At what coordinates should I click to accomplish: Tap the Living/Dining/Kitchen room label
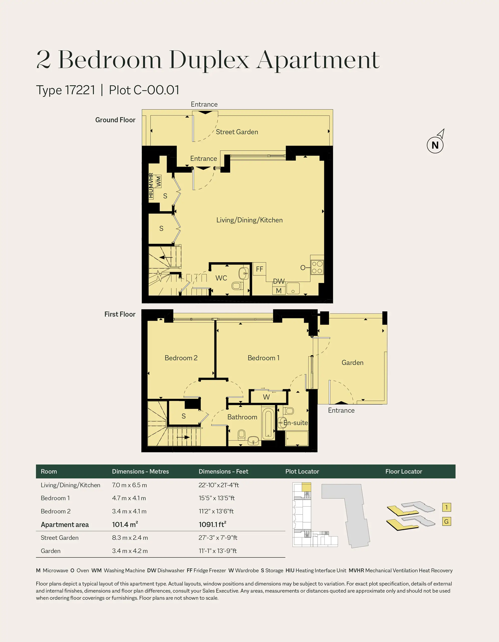pyautogui.click(x=249, y=220)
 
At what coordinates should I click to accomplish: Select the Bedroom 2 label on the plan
pyautogui.click(x=181, y=358)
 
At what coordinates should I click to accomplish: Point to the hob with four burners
pyautogui.click(x=317, y=267)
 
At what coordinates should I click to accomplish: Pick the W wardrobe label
pyautogui.click(x=266, y=397)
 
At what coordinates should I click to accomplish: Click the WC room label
pyautogui.click(x=221, y=278)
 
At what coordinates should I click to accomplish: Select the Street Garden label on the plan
pyautogui.click(x=237, y=132)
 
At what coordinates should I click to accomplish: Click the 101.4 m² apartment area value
pyautogui.click(x=125, y=524)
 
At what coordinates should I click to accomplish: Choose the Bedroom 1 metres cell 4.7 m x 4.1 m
pyautogui.click(x=129, y=498)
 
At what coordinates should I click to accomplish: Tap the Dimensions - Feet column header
pyautogui.click(x=223, y=472)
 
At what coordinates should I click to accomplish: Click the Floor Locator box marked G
pyautogui.click(x=446, y=521)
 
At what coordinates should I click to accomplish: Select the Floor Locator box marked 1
pyautogui.click(x=446, y=507)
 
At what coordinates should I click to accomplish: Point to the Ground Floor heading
pyautogui.click(x=115, y=120)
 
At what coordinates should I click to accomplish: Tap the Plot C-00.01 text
pyautogui.click(x=144, y=90)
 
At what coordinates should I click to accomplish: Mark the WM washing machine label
pyautogui.click(x=159, y=181)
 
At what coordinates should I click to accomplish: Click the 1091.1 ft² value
pyautogui.click(x=213, y=524)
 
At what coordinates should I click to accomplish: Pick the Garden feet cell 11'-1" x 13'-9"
pyautogui.click(x=218, y=551)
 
